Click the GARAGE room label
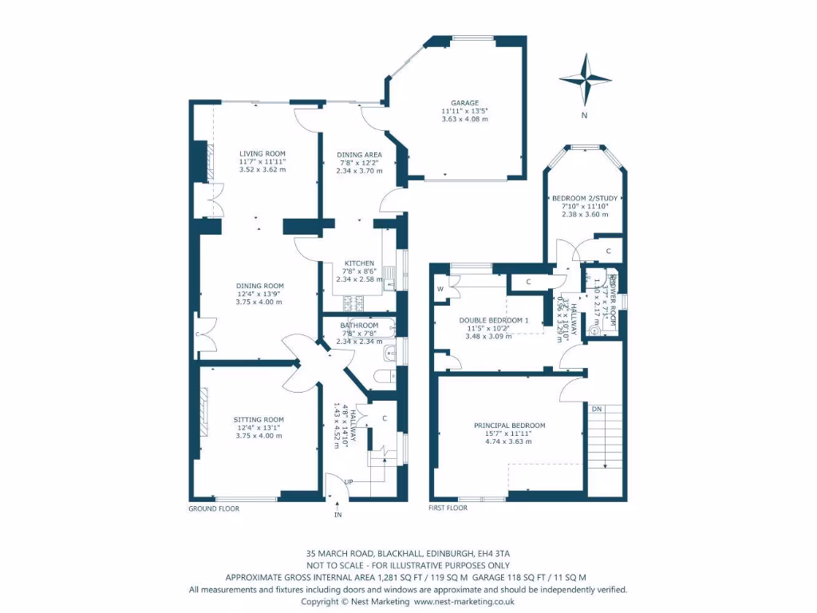pos(464,103)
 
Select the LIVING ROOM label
pos(262,154)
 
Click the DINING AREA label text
pos(359,155)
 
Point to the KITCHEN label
pos(359,263)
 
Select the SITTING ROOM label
pos(259,420)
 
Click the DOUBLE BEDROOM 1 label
pos(494,320)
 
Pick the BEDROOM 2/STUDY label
pos(586,198)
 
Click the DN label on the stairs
pos(597,409)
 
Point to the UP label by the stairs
pos(349,483)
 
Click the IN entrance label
pos(337,515)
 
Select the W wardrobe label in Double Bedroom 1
pos(440,289)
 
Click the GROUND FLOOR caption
pos(213,508)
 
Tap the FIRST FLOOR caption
pos(448,508)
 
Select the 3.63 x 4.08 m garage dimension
pos(464,119)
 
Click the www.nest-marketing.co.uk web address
pos(464,601)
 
